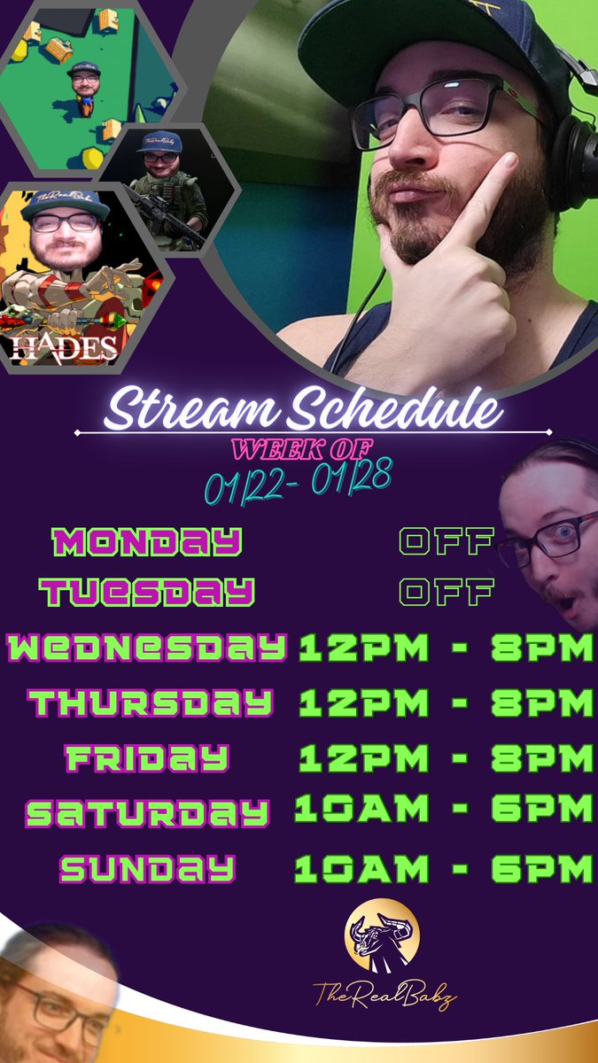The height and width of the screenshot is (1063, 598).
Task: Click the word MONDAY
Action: [x=147, y=541]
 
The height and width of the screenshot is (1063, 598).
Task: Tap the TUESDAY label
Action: [x=147, y=592]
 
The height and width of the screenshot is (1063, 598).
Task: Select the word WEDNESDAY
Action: [x=147, y=648]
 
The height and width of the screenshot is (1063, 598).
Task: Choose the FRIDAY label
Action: [x=147, y=758]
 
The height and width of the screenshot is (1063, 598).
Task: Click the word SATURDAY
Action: [x=147, y=812]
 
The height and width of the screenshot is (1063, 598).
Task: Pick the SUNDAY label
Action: [x=147, y=869]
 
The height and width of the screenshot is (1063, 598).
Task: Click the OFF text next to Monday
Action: [x=446, y=541]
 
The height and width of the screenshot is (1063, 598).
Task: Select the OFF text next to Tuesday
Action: [x=446, y=592]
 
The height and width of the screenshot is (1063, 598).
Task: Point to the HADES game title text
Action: [x=65, y=347]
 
